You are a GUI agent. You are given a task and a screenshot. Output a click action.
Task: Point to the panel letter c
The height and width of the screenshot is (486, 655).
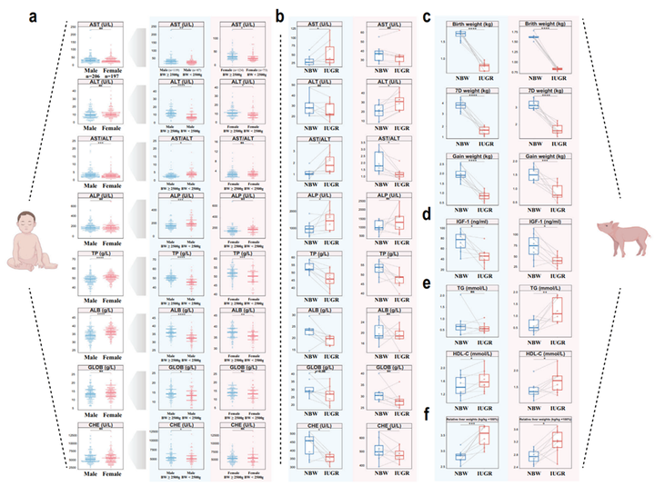428,15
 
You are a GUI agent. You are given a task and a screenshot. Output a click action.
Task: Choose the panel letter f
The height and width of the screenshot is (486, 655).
428,412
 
